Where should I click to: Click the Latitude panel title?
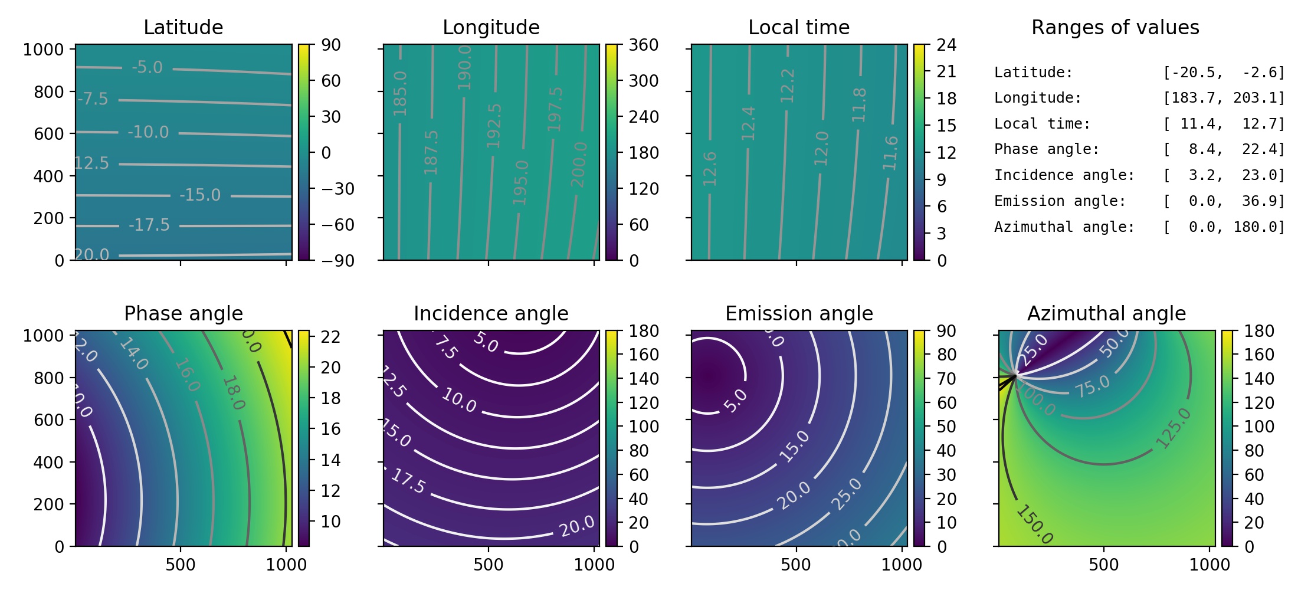tap(183, 27)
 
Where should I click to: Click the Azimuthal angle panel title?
tap(1106, 313)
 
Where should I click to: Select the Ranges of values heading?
tap(1115, 27)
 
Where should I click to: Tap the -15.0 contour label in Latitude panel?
tap(200, 195)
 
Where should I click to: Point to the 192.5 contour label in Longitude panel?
tap(494, 126)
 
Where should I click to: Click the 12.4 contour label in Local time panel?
tap(748, 123)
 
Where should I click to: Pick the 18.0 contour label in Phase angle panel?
tap(234, 393)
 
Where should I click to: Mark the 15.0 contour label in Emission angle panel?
tap(794, 446)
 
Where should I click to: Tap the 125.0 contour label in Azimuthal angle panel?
tap(1173, 428)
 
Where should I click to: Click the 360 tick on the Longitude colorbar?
tap(644, 45)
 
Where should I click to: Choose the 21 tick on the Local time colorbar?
tap(946, 71)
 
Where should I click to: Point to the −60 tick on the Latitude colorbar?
tap(337, 225)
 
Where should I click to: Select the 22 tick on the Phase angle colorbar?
tap(330, 337)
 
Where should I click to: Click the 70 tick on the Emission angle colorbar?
tap(946, 379)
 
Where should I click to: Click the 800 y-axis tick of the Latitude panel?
tap(49, 92)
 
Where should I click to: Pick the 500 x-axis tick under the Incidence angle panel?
tap(488, 565)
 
